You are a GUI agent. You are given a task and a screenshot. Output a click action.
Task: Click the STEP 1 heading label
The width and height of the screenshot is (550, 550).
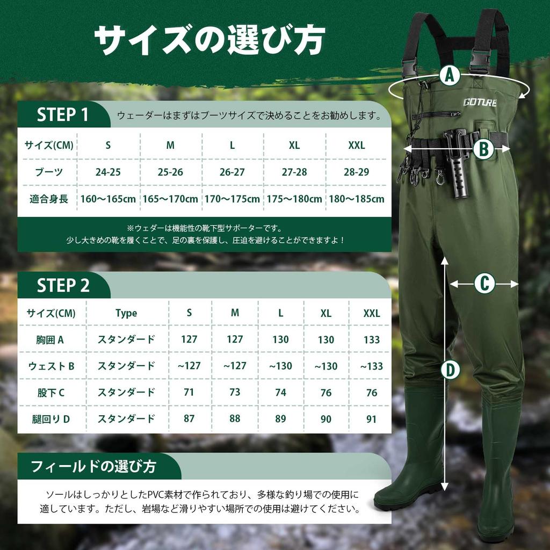(63, 114)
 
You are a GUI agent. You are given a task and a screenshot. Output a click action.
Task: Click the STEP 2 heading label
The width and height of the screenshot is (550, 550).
(63, 286)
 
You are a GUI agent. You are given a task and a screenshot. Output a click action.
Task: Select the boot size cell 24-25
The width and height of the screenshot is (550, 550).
(108, 172)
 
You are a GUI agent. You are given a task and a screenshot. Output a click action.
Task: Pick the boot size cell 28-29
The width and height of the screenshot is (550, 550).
(356, 172)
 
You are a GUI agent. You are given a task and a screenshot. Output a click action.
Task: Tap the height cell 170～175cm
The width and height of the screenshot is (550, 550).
(232, 199)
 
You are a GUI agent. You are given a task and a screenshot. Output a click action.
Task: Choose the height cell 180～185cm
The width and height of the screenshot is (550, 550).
(356, 199)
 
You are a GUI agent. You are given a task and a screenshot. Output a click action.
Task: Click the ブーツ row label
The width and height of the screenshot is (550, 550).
(49, 172)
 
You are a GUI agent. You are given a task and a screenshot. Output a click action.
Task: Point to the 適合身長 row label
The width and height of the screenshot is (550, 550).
(49, 199)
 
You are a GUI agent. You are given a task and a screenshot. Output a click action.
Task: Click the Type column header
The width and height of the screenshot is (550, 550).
(126, 313)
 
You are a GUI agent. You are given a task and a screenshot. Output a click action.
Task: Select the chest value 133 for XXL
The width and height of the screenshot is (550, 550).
(371, 339)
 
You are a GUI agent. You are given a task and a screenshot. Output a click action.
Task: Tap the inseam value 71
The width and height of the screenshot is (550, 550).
(189, 392)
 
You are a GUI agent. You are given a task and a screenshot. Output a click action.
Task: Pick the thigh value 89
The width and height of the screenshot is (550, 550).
(280, 418)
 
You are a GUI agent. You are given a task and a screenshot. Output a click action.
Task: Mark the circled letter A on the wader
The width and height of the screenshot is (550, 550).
(450, 76)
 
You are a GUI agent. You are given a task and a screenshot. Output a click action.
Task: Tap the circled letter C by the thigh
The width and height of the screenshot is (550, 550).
(484, 283)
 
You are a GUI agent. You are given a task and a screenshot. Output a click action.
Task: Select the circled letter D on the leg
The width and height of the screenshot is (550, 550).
(450, 370)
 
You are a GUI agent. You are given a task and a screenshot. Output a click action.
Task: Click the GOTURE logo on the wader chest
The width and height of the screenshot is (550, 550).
(480, 102)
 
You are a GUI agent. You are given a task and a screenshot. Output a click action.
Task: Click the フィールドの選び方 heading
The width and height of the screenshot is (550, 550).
(94, 466)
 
